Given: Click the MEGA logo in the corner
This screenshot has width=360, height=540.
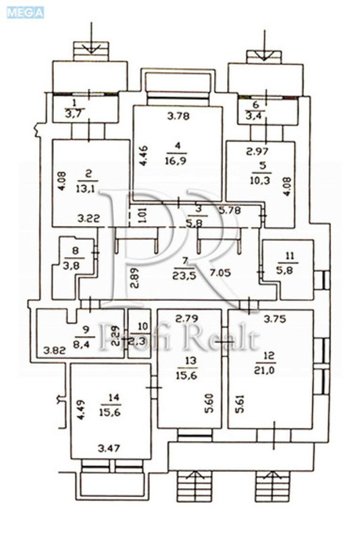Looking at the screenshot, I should point(25,11).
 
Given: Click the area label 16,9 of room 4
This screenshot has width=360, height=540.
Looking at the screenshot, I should point(178,160).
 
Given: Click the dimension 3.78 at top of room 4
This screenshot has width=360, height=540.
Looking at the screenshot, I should point(178,115).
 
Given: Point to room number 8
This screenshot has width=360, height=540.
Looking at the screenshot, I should point(74,250).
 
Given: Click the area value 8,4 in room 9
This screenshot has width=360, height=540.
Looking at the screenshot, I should point(84,342).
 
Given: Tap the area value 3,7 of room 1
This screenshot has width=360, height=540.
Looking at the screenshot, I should point(74,114).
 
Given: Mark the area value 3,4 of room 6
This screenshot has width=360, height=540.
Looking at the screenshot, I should point(255,115).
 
